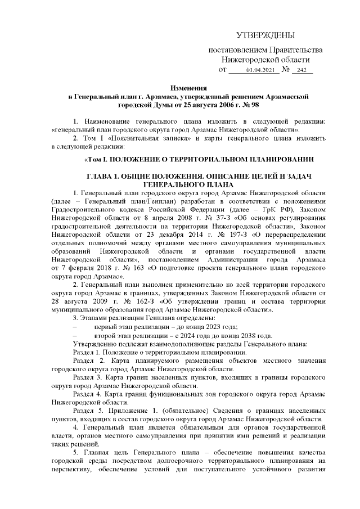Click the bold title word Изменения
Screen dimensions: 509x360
(188, 88)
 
